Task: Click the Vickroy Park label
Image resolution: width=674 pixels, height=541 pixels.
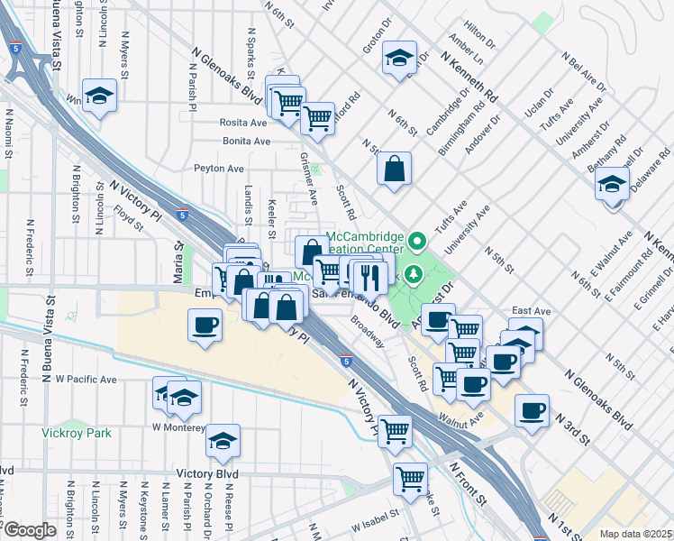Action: coord(77,433)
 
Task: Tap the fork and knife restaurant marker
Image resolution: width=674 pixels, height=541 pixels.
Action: coord(370,275)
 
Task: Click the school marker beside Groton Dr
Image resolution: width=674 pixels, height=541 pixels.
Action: coord(398,59)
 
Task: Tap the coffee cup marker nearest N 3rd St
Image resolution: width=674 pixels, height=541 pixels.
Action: coord(533,410)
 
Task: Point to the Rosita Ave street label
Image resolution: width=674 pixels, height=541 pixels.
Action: coord(244,123)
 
